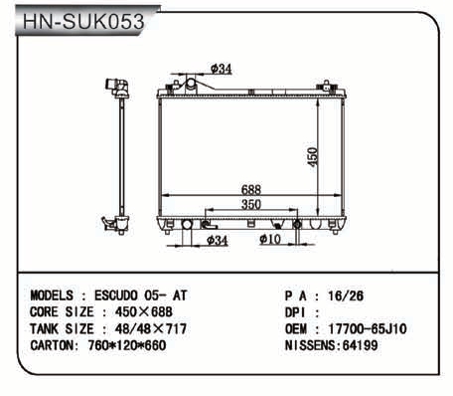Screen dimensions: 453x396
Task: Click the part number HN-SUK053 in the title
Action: [83, 22]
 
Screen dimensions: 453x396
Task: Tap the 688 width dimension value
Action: [251, 189]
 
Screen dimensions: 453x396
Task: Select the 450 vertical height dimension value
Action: [313, 157]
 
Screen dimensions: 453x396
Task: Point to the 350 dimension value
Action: [251, 204]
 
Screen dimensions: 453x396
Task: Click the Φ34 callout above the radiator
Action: [222, 69]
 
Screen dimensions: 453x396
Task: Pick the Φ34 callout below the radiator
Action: [218, 240]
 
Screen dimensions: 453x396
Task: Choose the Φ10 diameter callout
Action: [270, 239]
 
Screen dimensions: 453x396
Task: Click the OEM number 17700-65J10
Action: [368, 328]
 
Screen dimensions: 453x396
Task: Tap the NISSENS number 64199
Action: [360, 345]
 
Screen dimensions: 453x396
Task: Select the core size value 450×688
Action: [144, 311]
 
